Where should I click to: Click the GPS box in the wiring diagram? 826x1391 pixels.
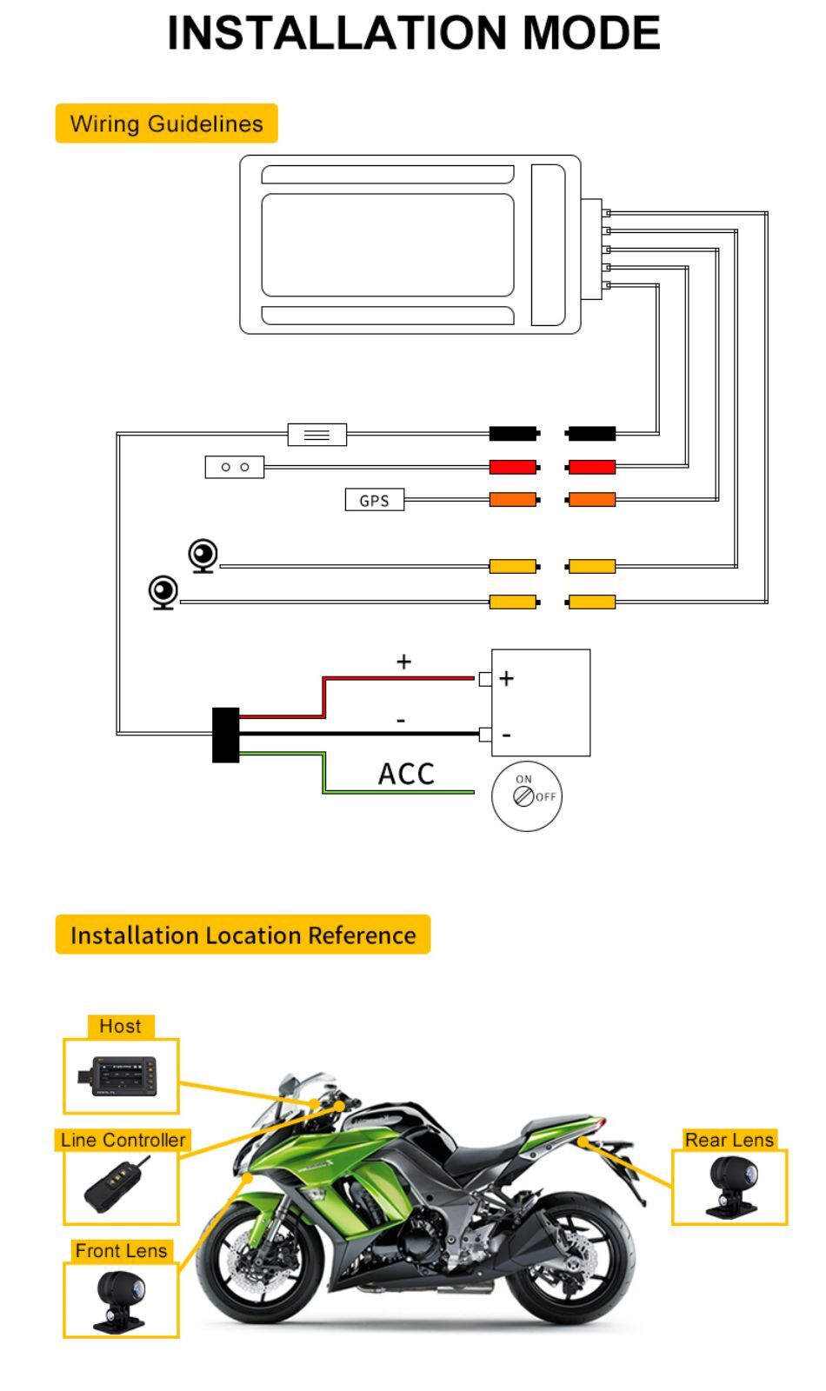[375, 500]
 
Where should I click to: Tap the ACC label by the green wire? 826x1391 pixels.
[406, 775]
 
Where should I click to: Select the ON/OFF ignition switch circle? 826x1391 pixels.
[527, 796]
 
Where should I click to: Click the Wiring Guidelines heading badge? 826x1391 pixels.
[166, 123]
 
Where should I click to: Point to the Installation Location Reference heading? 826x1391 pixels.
[243, 935]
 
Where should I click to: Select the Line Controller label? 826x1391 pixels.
[123, 1140]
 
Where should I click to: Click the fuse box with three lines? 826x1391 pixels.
[317, 435]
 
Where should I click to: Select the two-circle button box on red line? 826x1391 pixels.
[235, 467]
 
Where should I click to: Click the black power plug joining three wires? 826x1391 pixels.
[225, 735]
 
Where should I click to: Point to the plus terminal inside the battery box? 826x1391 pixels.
[506, 678]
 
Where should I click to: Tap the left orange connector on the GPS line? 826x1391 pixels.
[514, 499]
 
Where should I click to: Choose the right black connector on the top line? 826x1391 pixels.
[590, 434]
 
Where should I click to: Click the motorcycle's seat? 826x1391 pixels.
[490, 1151]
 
